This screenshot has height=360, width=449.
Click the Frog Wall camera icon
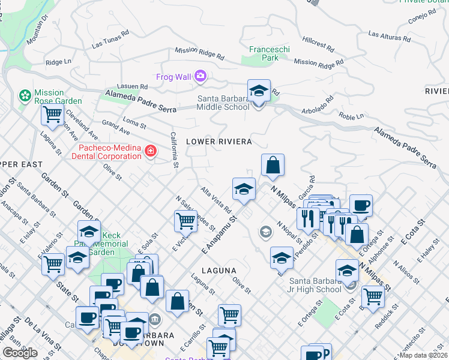coord(200,76)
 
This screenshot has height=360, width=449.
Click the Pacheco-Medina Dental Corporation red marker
coord(150,152)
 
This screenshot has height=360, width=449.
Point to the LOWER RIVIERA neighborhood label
coord(218,142)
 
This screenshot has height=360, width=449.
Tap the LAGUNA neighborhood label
coord(218,271)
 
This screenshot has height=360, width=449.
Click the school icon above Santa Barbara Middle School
coord(259,91)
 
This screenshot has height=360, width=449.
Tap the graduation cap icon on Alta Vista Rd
coord(244,188)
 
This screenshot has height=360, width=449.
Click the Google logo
coord(20,353)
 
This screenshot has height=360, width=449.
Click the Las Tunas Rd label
coord(110,40)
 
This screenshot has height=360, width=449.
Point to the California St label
coord(174,149)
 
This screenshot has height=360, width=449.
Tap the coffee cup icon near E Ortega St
coord(361,206)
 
